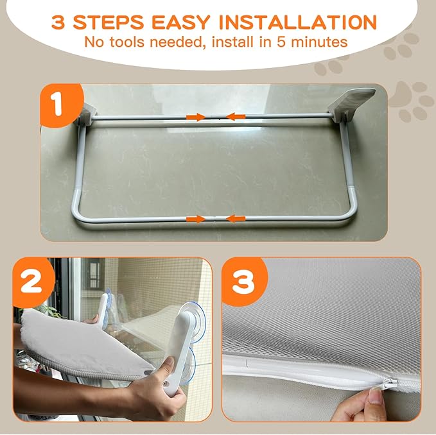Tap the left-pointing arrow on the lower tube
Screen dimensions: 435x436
pos(235,219)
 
